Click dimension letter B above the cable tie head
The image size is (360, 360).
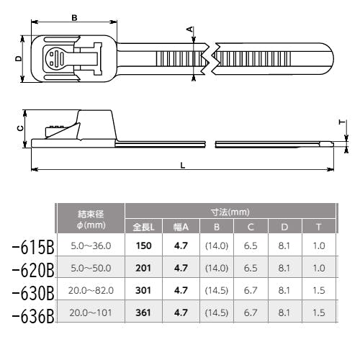74,18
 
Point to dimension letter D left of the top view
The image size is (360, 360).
19,58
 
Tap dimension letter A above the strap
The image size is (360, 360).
190,30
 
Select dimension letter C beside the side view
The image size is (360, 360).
21,128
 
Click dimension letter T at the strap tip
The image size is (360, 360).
342,122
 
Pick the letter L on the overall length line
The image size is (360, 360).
183,166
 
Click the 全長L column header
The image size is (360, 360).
143,227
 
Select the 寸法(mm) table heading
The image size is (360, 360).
230,212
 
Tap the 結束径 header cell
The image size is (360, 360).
91,214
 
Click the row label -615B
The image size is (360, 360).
33,247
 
